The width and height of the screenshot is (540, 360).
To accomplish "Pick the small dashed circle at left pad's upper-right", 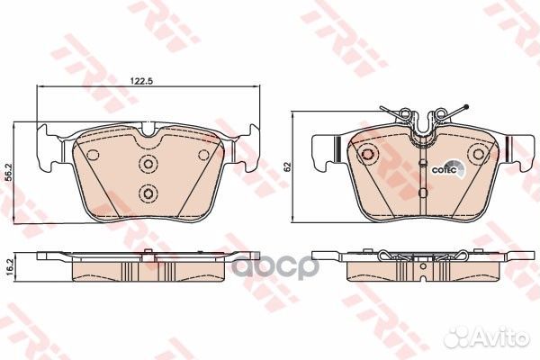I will pos(202,154).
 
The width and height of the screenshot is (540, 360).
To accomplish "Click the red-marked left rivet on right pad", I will pos(366,155).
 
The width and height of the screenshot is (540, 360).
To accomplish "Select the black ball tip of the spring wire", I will pos(464,108).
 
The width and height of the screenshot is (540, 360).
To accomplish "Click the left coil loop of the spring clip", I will pos(409,115).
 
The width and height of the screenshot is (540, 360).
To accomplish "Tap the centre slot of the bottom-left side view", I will pos(148,262).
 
